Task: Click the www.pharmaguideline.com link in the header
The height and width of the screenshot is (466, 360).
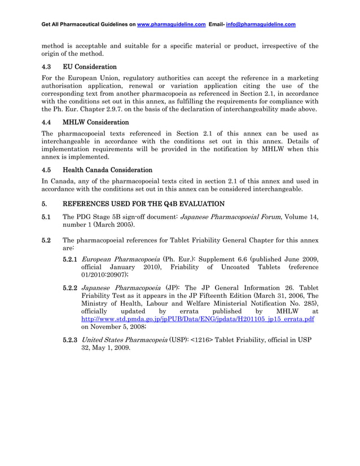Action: coord(171,25)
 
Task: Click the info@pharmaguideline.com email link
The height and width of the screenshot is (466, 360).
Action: coord(261,25)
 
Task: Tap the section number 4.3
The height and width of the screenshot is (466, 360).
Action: coord(48,67)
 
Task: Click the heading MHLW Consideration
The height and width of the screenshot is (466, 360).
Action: coord(95,122)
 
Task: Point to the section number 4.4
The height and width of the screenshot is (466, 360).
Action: coord(48,122)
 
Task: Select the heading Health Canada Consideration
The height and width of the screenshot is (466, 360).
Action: coord(107,169)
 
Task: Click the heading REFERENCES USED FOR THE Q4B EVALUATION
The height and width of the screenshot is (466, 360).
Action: coord(143,204)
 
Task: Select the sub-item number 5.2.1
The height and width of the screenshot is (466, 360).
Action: coord(70,258)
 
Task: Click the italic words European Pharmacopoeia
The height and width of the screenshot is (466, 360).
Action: coord(118,258)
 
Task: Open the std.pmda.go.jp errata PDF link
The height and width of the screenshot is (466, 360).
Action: coord(197,319)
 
